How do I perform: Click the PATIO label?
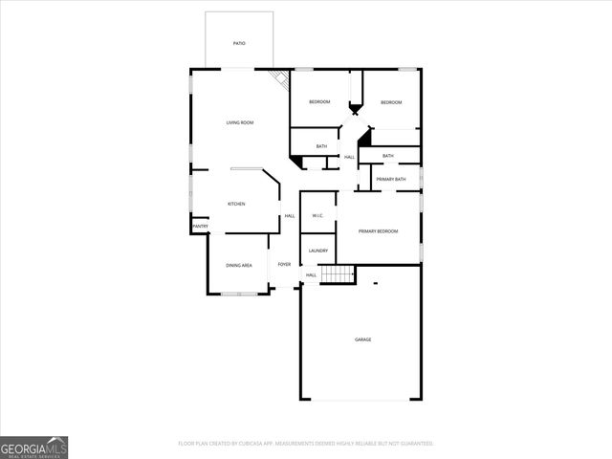point(239,44)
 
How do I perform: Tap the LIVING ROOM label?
point(239,122)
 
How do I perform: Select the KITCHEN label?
point(236,204)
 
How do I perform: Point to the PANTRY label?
point(200,227)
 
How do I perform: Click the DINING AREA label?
point(239,265)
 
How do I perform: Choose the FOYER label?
point(284,264)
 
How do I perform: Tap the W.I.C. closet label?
point(318,215)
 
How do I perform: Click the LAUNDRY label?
point(318,251)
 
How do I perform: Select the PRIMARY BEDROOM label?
point(378,231)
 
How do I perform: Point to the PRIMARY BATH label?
point(390,179)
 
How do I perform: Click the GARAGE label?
point(362,339)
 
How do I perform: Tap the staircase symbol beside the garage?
point(337,274)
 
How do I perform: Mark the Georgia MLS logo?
point(34,447)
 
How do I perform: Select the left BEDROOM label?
point(319,102)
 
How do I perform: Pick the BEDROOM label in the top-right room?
point(390,102)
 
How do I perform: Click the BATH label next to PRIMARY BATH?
point(388,156)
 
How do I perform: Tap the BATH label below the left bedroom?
point(321,146)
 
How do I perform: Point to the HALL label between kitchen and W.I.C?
point(290,216)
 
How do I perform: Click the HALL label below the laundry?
point(311,275)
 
